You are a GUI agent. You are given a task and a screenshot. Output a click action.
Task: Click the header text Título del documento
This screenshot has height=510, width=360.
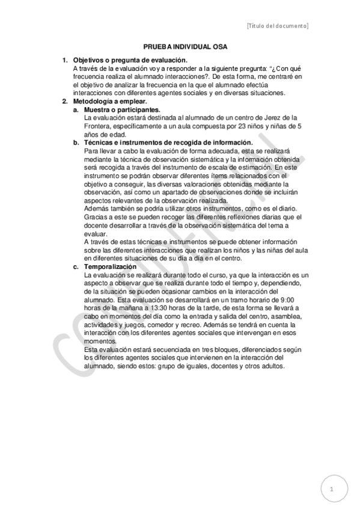tap(278, 26)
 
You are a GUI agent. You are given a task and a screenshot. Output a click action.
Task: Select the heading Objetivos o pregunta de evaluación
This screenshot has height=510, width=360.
tap(130, 61)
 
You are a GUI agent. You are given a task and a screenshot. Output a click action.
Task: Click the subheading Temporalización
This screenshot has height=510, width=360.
tap(111, 266)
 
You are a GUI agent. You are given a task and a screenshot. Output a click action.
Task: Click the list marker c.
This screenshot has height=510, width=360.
tap(76, 266)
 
